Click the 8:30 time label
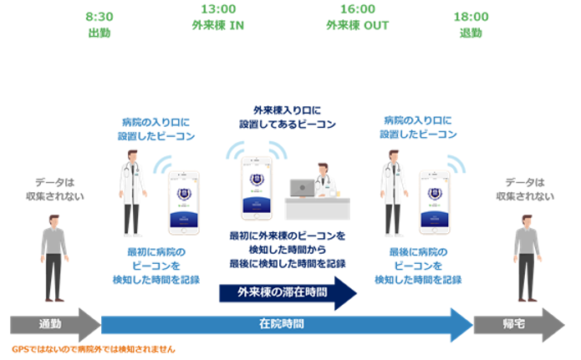(99, 16)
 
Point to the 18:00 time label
(471, 16)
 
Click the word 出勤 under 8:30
(99, 33)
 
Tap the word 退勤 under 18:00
(471, 33)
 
